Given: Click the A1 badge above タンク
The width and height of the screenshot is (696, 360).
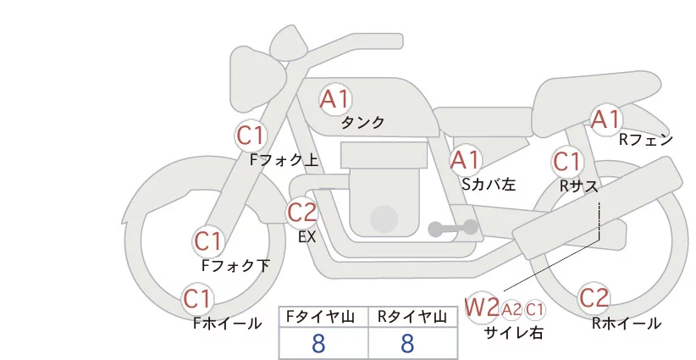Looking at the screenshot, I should click(334, 99).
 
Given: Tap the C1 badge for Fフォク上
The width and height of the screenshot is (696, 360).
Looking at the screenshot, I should click(251, 136).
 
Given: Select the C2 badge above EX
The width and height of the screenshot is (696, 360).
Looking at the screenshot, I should click(301, 212).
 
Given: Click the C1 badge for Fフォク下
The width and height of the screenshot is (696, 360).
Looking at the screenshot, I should click(208, 242).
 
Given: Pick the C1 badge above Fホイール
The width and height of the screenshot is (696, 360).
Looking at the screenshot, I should click(198, 299).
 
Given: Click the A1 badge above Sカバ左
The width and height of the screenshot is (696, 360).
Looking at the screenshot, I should click(466, 159).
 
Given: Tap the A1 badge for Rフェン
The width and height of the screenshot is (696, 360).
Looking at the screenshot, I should click(606, 119).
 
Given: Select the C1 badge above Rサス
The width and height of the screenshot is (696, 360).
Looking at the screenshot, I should click(566, 161).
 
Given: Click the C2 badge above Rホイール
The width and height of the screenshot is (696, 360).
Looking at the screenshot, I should click(594, 298).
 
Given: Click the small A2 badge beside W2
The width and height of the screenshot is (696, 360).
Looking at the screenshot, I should click(512, 309).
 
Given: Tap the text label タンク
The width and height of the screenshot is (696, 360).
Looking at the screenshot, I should click(362, 123).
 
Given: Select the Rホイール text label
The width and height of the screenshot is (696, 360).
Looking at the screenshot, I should click(627, 323).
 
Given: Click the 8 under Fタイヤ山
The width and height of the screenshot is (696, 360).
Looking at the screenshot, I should click(318, 344).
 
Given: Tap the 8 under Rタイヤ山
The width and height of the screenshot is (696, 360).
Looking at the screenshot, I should click(407, 344).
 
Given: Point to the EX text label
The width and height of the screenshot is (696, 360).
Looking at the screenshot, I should click(307, 237).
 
